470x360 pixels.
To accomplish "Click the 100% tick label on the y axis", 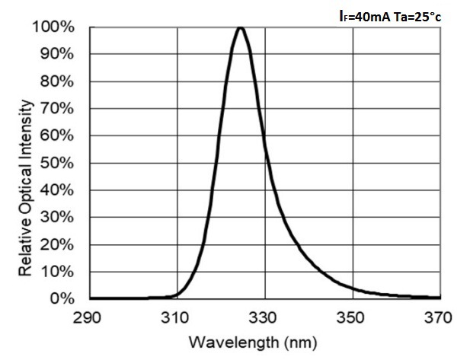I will [56, 27].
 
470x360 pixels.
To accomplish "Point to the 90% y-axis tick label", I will [59, 55].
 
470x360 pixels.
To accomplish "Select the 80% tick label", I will [59, 81].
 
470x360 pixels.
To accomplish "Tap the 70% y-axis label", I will [59, 109].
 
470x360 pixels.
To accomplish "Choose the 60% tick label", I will [59, 136].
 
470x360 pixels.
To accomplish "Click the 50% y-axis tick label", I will [59, 163].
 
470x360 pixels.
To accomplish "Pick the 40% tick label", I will [59, 190].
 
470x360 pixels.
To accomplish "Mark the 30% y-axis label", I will [59, 218].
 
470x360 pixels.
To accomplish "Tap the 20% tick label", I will [59, 244].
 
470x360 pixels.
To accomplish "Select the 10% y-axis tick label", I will [59, 272].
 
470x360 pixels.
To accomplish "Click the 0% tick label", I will [62, 298].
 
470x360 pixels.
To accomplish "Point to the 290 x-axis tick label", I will [89, 316].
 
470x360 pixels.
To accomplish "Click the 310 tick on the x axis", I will [177, 316].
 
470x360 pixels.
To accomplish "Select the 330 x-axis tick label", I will [264, 316].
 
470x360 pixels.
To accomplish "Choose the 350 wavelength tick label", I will [352, 316].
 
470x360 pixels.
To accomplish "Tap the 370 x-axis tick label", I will [440, 316].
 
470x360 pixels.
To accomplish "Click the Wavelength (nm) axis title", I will [264, 342].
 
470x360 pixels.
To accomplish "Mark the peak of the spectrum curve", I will [241, 28].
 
